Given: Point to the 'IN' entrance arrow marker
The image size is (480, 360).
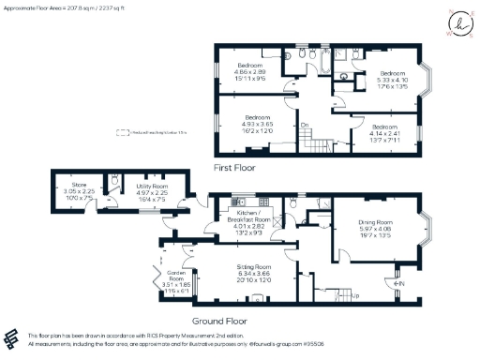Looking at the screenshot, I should click(x=398, y=282).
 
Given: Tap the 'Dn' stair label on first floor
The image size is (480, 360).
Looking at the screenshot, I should click(x=305, y=124).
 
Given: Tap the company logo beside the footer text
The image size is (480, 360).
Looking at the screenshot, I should click(x=12, y=337).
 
